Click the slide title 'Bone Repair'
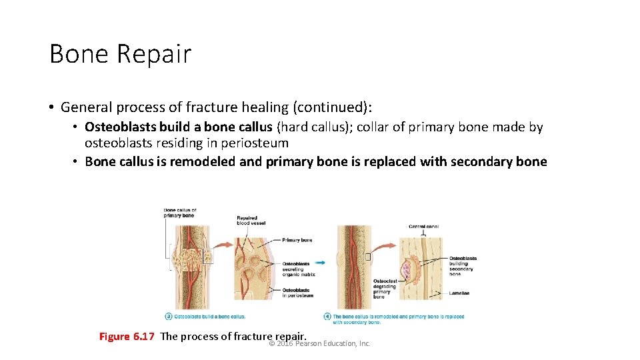pos(120,54)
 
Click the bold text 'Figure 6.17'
pos(127,337)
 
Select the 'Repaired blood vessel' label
pos(251,221)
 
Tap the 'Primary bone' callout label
pos(297,240)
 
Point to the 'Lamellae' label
pos(459,293)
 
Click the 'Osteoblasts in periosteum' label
pos(297,293)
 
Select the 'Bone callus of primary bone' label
pos(180,213)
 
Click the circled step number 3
pos(168,316)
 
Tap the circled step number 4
pos(327,316)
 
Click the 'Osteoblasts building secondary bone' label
pos(463,266)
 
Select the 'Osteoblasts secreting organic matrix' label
pos(298,269)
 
